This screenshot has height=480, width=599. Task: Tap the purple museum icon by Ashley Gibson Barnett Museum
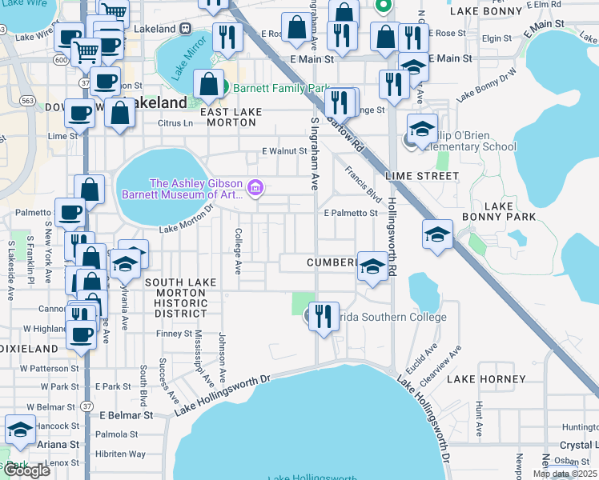(255, 188)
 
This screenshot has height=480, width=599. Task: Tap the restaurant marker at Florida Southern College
(324, 314)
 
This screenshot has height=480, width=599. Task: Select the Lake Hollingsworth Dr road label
(224, 398)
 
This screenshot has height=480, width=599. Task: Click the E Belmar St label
(126, 415)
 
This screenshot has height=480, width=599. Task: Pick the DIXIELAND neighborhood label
(29, 349)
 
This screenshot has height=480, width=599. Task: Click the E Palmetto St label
(351, 213)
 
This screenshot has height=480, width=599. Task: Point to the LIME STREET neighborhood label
(422, 175)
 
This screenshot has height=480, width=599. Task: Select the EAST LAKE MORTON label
(228, 117)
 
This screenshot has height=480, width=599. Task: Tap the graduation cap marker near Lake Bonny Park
(437, 234)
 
